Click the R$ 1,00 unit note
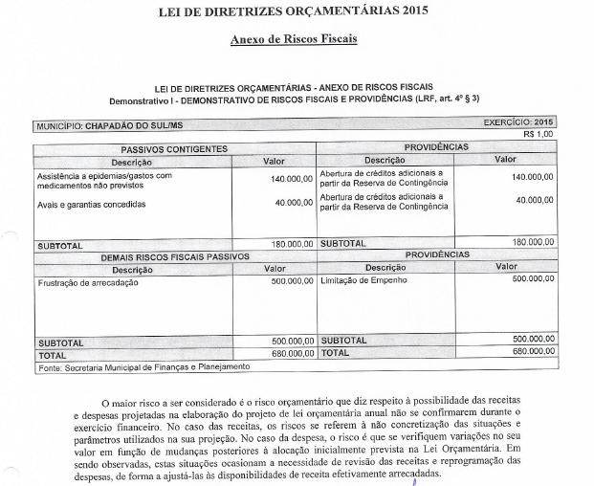click(539, 134)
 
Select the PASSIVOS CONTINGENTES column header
click(173, 149)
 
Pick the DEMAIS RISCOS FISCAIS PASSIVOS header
click(175, 256)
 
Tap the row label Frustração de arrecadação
click(88, 282)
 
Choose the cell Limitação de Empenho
click(364, 281)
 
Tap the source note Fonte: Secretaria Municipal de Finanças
click(143, 366)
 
